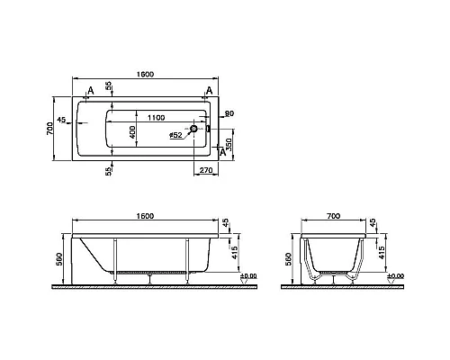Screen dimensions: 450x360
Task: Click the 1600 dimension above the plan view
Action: [x=145, y=74]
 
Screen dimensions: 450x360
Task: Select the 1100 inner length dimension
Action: [x=156, y=118]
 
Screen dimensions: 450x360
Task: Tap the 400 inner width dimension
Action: [x=132, y=132]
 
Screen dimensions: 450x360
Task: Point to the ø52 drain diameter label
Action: [x=175, y=135]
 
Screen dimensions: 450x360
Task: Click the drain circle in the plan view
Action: [x=193, y=129]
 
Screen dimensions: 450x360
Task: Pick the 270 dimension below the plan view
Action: [x=206, y=170]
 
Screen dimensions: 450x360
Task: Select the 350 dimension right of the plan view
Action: [x=229, y=145]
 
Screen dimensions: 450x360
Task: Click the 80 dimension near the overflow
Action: [x=229, y=113]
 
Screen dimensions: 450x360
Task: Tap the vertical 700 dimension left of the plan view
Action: [x=50, y=129]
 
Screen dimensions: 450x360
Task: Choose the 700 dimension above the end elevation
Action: [x=334, y=216]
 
